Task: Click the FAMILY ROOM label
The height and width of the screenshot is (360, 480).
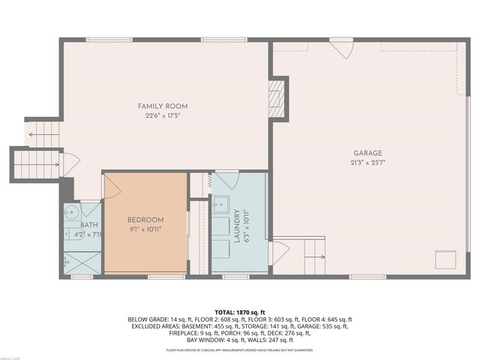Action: pyautogui.click(x=161, y=106)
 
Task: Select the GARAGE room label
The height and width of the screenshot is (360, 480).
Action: pyautogui.click(x=367, y=152)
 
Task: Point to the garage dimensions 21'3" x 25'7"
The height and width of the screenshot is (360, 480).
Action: pyautogui.click(x=367, y=162)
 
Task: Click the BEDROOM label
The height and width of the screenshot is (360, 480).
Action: pyautogui.click(x=145, y=220)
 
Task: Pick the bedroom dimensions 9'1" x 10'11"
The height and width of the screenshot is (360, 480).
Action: pyautogui.click(x=145, y=229)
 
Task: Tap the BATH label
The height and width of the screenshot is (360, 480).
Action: pyautogui.click(x=89, y=224)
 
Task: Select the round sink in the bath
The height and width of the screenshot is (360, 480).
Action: pyautogui.click(x=71, y=211)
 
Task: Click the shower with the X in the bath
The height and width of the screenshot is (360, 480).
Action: pyautogui.click(x=81, y=262)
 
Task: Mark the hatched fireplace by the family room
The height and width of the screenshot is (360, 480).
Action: pyautogui.click(x=276, y=97)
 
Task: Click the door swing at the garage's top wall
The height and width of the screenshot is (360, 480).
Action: pyautogui.click(x=342, y=48)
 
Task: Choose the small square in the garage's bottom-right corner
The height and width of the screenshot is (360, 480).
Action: pyautogui.click(x=446, y=259)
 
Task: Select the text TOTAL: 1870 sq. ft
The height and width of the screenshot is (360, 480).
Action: pyautogui.click(x=240, y=311)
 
